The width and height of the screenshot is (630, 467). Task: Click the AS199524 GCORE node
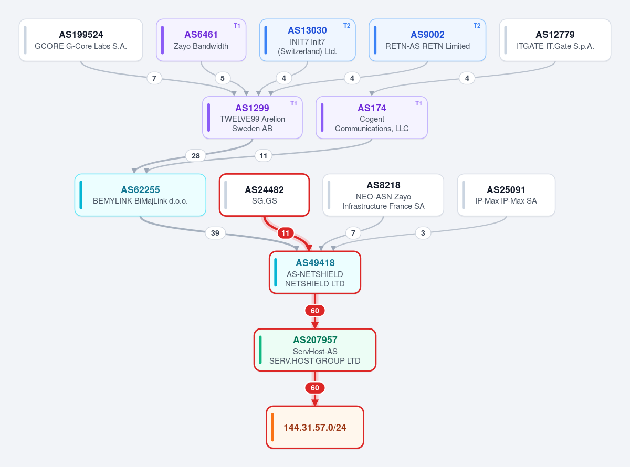click(x=81, y=40)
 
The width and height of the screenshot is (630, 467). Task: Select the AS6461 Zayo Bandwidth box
click(x=201, y=40)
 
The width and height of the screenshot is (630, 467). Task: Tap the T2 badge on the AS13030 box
click(x=346, y=26)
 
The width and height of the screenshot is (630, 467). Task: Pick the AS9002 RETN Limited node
click(x=427, y=40)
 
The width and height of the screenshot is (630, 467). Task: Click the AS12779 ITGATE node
click(x=555, y=40)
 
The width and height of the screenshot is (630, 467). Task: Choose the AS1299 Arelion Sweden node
click(x=252, y=118)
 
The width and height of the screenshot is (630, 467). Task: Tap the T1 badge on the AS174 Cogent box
click(x=418, y=103)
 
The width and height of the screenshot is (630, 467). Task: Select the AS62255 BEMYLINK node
click(x=140, y=195)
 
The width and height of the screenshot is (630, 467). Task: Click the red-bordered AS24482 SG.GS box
click(x=264, y=195)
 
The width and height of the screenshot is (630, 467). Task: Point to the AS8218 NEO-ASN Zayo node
click(x=383, y=195)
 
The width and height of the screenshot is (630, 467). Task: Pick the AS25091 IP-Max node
click(x=506, y=195)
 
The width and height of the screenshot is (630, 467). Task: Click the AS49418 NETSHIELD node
click(x=314, y=272)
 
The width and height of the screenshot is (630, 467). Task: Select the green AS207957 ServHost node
click(x=314, y=350)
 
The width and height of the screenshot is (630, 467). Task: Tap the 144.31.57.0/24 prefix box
click(x=314, y=427)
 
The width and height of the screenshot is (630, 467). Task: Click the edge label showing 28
click(x=195, y=156)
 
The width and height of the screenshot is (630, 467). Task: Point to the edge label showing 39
click(x=215, y=233)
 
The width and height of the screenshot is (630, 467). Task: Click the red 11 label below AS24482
click(x=286, y=233)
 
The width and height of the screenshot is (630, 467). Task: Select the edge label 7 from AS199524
click(x=154, y=78)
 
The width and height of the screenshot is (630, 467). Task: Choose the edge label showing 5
click(x=223, y=78)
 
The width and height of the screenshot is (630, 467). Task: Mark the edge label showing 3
click(x=423, y=233)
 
